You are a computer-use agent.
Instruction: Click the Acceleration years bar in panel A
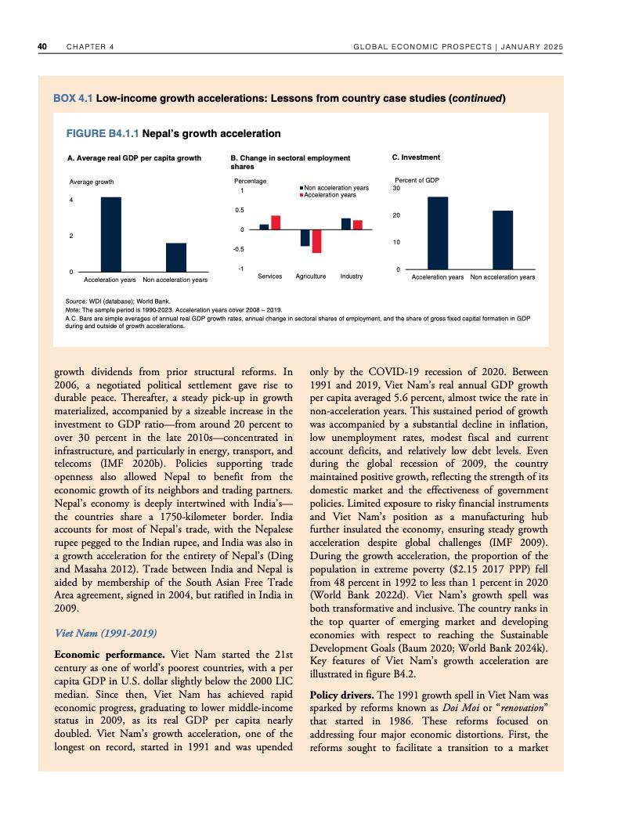coord(110,233)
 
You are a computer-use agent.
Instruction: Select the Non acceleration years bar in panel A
coord(176,257)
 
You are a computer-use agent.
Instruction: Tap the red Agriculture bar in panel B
coord(316,241)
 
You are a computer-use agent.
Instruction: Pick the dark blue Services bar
coord(264,226)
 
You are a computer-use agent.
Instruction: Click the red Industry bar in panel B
coord(358,225)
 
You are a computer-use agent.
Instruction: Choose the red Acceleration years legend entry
coord(330,194)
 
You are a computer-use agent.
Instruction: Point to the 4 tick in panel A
coord(72,201)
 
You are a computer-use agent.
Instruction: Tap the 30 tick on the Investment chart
coord(396,188)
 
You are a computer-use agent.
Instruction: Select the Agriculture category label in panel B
coord(311,276)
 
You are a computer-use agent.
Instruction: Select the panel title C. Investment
coord(415,157)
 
